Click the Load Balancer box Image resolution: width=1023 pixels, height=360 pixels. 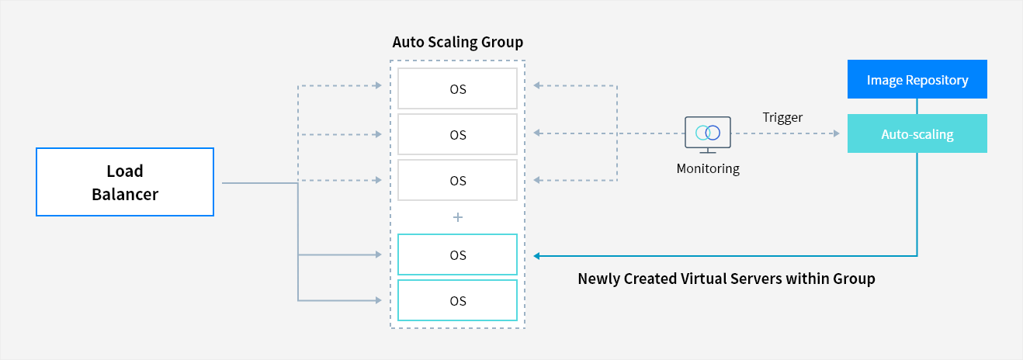click(125, 182)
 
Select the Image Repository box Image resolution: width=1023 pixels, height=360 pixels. click(917, 79)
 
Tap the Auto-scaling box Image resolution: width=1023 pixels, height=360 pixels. click(917, 133)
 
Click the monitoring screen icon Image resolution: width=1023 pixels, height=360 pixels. click(707, 134)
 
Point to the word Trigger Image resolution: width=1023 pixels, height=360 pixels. click(782, 118)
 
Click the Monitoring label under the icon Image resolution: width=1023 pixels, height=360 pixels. click(708, 169)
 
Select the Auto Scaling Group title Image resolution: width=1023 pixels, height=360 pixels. click(458, 43)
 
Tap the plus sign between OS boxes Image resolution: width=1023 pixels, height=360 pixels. click(458, 217)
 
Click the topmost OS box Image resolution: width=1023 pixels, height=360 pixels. click(458, 88)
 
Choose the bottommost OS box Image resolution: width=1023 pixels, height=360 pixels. click(458, 300)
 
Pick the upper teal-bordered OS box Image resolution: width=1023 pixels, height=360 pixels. click(458, 254)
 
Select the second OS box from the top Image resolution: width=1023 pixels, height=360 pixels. click(458, 134)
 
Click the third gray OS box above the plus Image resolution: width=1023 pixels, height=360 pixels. click(458, 180)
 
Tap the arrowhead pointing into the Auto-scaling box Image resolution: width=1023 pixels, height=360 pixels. click(836, 133)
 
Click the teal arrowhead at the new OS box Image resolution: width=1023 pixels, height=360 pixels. click(537, 256)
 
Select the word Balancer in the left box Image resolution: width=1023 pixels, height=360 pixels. click(125, 195)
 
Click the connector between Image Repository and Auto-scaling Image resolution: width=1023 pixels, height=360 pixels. click(917, 106)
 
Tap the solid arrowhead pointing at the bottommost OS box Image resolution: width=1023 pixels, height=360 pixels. click(379, 300)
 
